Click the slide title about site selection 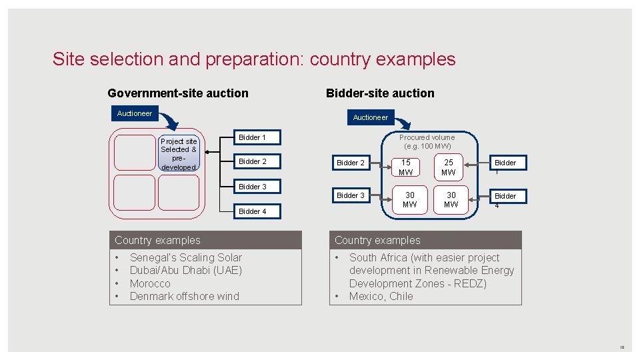click(x=254, y=59)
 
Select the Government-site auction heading click(x=177, y=93)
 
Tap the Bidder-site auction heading click(x=379, y=93)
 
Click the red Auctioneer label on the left click(x=135, y=113)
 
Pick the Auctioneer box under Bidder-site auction click(x=370, y=117)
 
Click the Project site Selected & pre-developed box click(x=179, y=154)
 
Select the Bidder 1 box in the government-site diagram click(x=253, y=137)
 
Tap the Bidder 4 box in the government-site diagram click(x=253, y=211)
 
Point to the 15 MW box click(x=405, y=167)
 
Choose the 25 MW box click(x=449, y=167)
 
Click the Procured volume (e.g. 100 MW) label click(x=427, y=141)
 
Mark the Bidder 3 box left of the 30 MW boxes click(x=351, y=195)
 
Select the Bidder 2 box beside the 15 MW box click(x=351, y=163)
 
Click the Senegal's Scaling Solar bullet click(x=185, y=257)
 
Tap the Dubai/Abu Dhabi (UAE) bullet click(x=185, y=270)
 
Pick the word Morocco click(x=150, y=283)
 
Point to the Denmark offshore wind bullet click(x=184, y=296)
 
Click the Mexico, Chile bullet click(x=381, y=296)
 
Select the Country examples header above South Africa click(x=377, y=240)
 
